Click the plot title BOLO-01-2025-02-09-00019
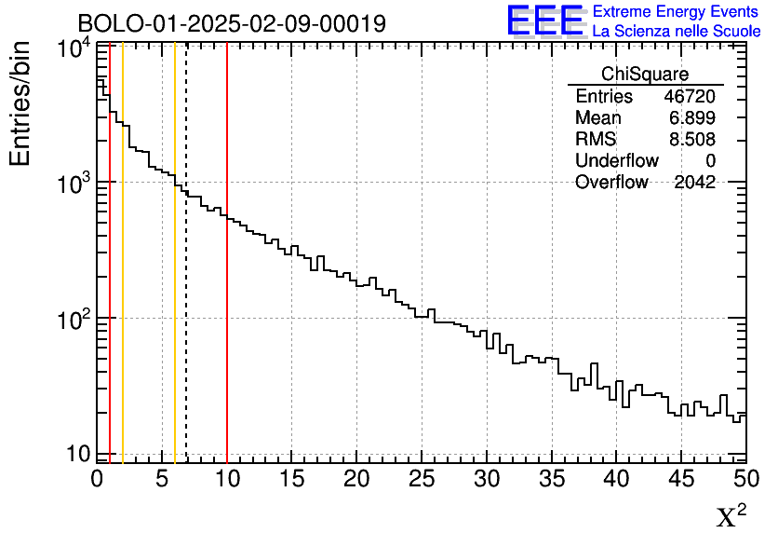point(232,23)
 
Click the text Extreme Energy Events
point(676,12)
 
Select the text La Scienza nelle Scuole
point(676,31)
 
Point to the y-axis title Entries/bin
point(20,103)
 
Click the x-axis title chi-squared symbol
point(731,515)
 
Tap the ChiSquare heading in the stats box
point(645,75)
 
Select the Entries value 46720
point(690,97)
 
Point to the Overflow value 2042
point(694,182)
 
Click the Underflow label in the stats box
point(616,160)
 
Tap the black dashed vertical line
point(186,280)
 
